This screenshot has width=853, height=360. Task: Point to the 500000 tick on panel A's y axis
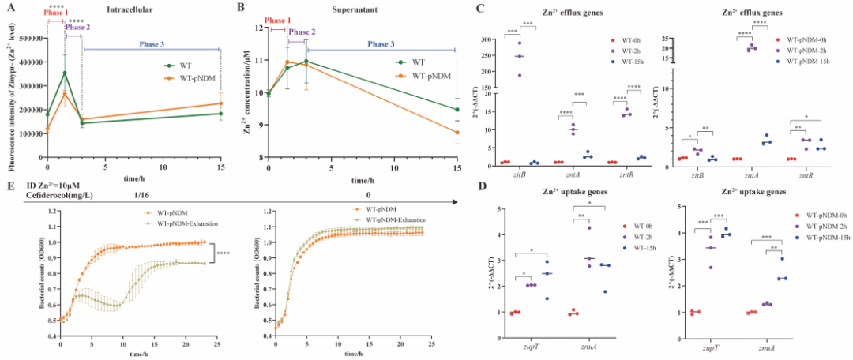[26, 38]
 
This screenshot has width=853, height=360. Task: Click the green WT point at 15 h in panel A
[220, 114]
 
